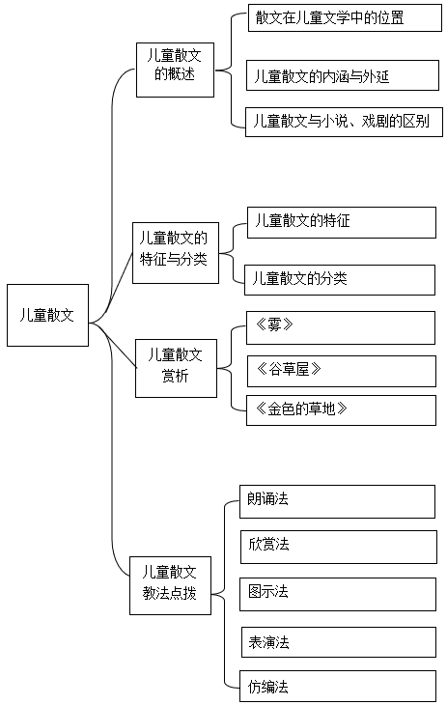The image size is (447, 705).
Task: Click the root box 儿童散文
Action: click(x=47, y=315)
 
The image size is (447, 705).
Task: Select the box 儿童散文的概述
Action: click(x=175, y=70)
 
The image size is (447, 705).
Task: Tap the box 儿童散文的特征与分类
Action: click(x=176, y=253)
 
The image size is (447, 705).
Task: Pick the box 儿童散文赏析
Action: click(x=176, y=368)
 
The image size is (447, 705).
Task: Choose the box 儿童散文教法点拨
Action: click(x=170, y=585)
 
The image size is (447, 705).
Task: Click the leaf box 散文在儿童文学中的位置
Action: click(x=345, y=17)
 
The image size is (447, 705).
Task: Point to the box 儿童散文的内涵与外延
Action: click(x=342, y=75)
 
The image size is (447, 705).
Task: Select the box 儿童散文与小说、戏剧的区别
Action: click(x=344, y=122)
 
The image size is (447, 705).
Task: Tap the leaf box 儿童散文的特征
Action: click(x=342, y=222)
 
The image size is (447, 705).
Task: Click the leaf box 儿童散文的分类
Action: click(x=340, y=280)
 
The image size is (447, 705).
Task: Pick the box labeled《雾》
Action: click(x=341, y=327)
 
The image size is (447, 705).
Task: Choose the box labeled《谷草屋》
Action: click(x=342, y=371)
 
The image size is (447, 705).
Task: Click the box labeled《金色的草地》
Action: click(x=341, y=410)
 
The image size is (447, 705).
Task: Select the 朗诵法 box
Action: click(x=337, y=501)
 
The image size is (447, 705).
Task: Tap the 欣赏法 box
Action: click(x=339, y=547)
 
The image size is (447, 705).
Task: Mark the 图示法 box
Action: click(x=338, y=594)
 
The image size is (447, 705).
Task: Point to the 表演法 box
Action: click(x=339, y=642)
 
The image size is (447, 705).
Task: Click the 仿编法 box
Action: click(x=338, y=687)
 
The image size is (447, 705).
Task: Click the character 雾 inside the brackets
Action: click(x=274, y=324)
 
